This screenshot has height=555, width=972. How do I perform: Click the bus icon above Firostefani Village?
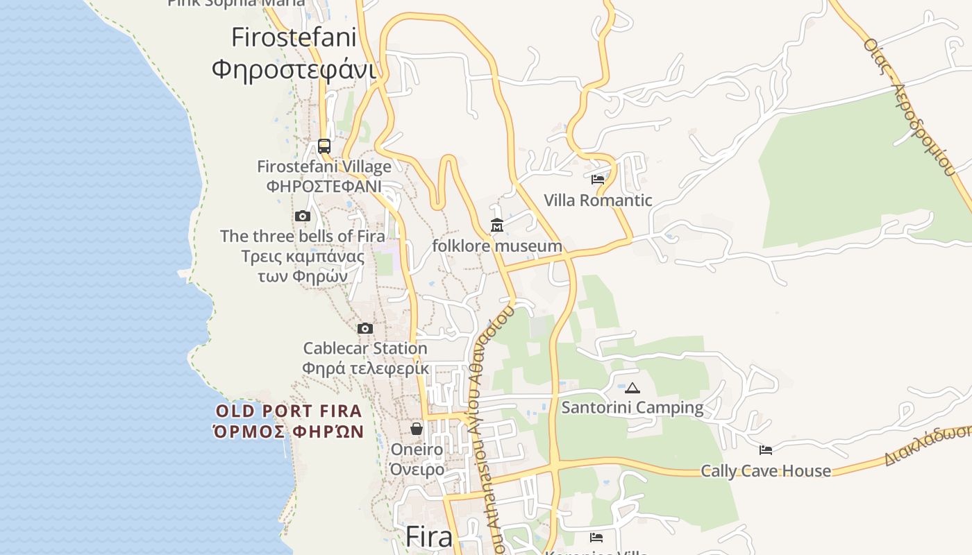tap(324, 146)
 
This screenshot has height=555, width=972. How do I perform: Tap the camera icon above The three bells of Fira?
tap(302, 216)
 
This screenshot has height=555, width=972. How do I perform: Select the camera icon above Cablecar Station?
tap(364, 329)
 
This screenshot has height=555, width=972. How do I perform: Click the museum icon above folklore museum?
tap(497, 225)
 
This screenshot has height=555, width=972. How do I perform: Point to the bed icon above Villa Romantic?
tap(597, 180)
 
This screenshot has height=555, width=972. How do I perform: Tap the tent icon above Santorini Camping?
tap(632, 388)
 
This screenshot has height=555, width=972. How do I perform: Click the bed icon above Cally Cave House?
tap(765, 450)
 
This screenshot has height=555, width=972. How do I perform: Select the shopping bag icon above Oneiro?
tap(417, 429)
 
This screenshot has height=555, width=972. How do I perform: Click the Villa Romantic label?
tap(598, 200)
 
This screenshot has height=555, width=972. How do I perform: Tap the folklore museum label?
tap(497, 246)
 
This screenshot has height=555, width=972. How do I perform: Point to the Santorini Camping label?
tap(632, 407)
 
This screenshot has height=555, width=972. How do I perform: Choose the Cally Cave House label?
tap(765, 471)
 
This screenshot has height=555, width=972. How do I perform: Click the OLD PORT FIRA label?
tap(289, 411)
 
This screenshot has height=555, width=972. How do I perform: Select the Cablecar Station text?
tap(365, 348)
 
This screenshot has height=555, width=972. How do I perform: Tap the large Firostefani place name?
tap(293, 37)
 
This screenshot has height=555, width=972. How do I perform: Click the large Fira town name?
tap(428, 536)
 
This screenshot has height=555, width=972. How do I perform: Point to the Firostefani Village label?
tap(324, 166)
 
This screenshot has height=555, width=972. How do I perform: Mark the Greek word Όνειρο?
tap(417, 470)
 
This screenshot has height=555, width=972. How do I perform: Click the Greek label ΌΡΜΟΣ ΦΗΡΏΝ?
tap(289, 432)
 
